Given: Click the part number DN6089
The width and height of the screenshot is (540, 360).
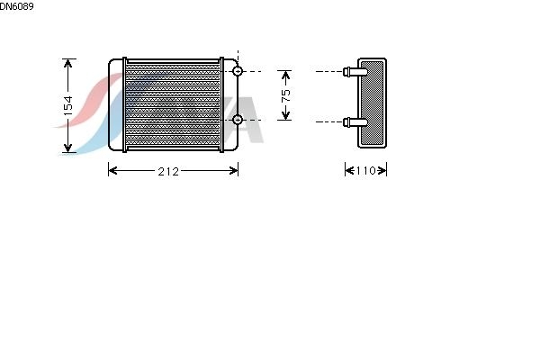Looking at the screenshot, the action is [x=16, y=6].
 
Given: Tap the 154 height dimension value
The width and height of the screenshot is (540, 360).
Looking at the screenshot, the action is [x=68, y=105].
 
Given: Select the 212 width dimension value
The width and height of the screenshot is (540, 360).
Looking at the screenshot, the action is [x=168, y=171].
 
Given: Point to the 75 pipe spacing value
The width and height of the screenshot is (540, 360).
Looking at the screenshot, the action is [x=286, y=95].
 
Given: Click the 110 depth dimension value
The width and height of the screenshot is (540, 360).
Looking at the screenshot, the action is [x=365, y=170].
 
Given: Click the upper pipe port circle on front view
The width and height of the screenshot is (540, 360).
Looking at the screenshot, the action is [x=238, y=71].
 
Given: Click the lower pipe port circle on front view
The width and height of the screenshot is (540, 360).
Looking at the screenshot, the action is [x=238, y=120].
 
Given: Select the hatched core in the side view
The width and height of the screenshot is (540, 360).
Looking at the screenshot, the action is [x=372, y=103].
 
